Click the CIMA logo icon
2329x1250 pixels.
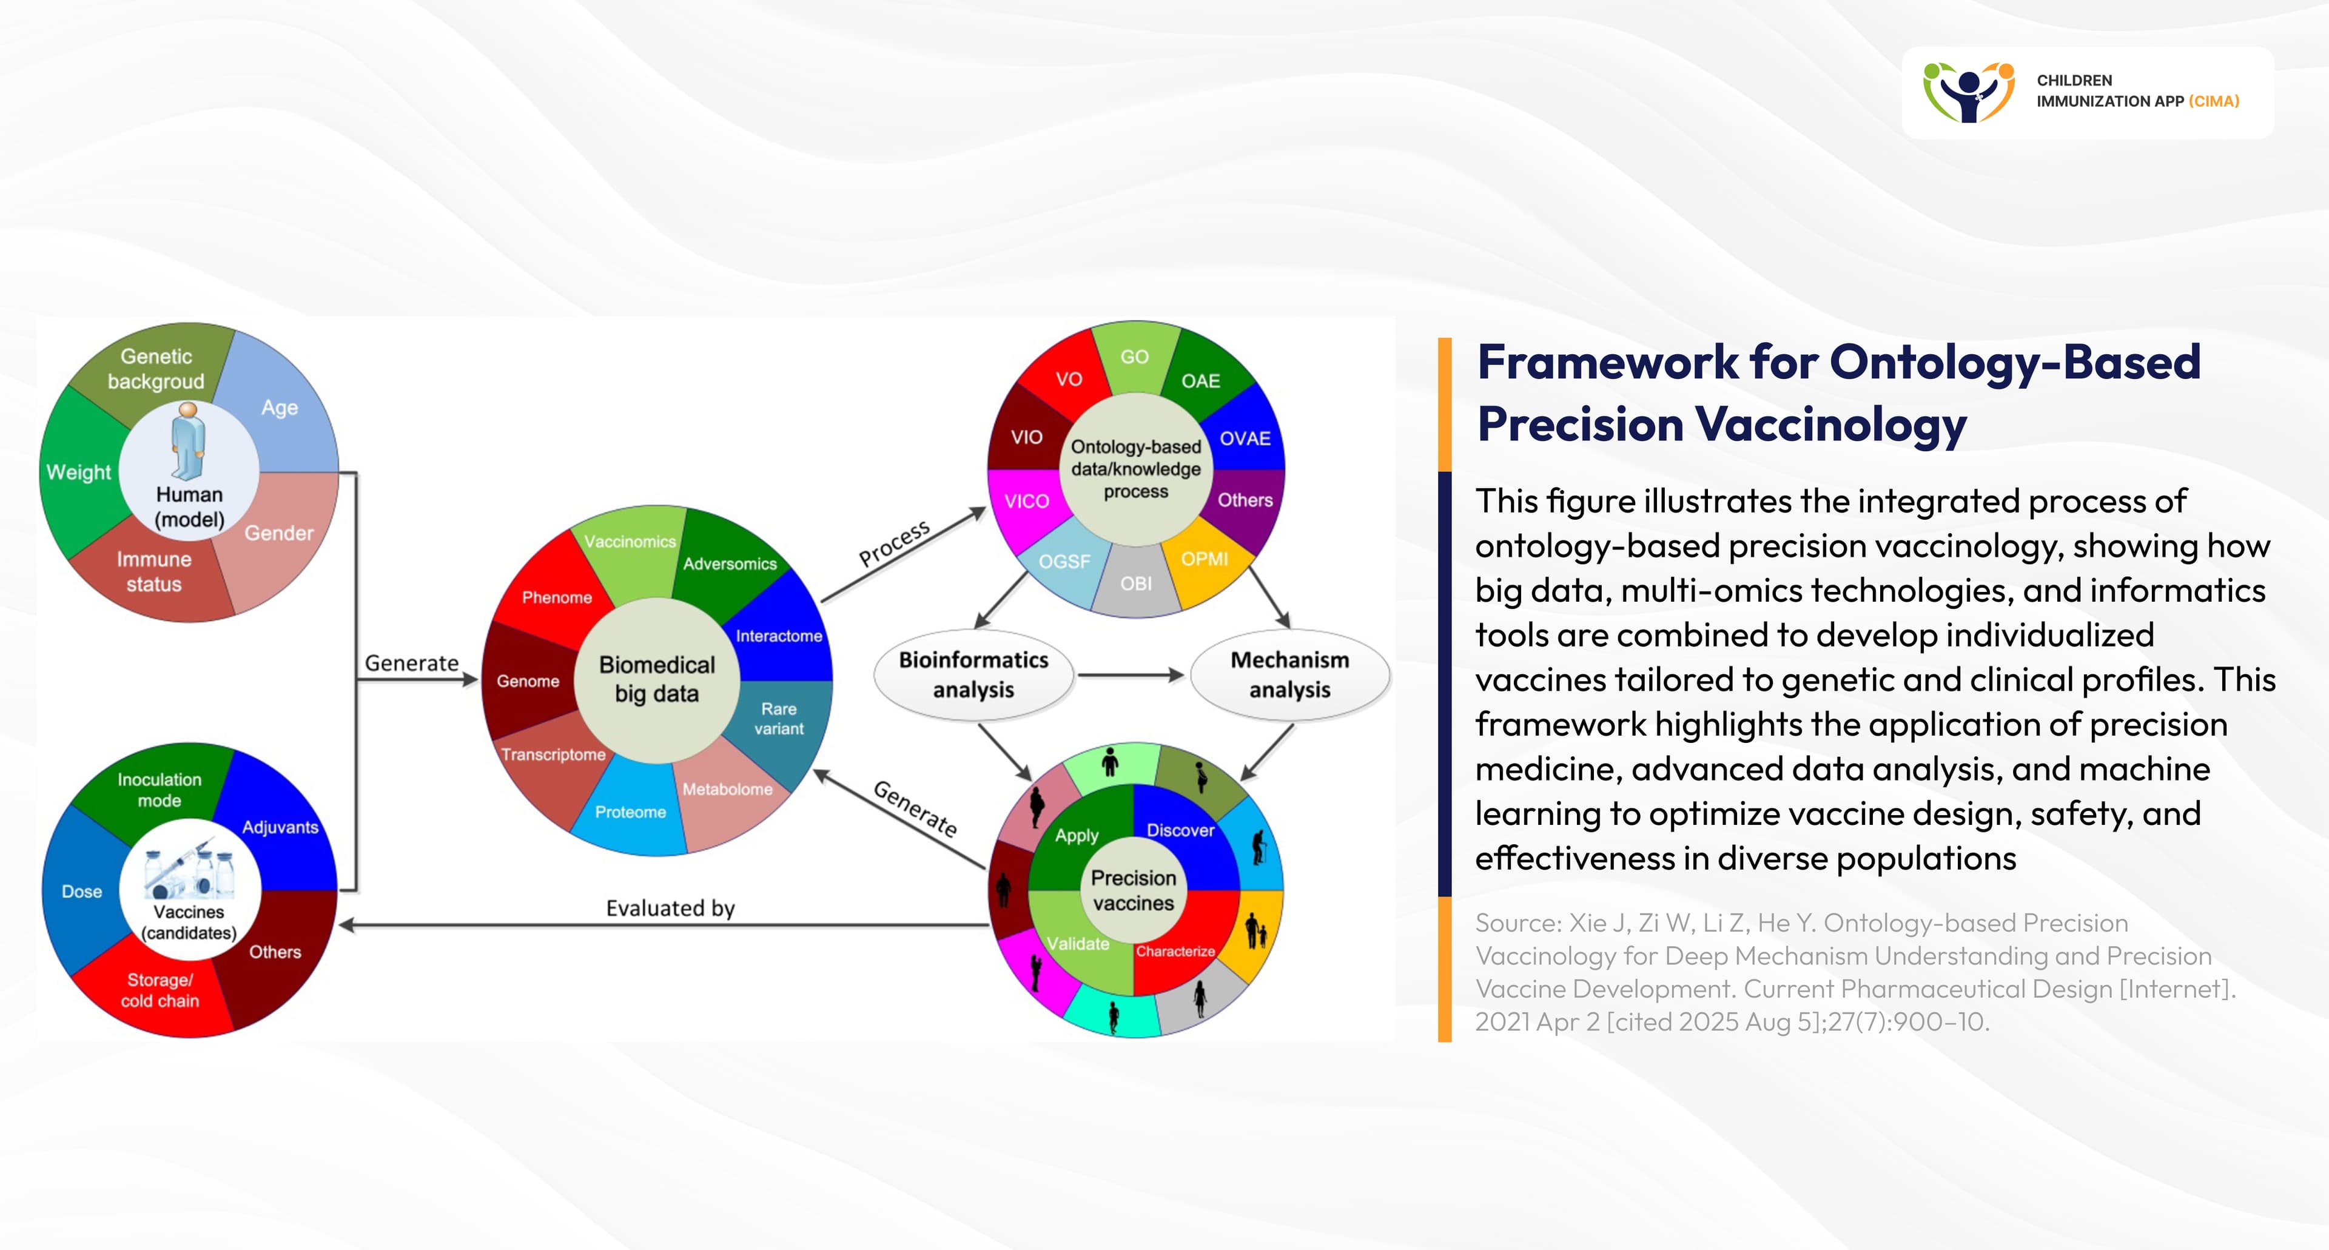1968,92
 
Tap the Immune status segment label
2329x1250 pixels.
153,571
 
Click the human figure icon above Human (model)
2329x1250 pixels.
188,440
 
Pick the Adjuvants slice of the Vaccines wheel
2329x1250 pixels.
280,827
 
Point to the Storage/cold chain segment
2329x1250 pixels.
160,990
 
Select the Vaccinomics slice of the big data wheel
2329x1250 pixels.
630,542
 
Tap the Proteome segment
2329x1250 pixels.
630,811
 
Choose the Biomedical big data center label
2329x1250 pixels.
657,679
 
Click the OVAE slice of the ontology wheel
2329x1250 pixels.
1245,439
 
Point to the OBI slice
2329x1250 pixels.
1137,583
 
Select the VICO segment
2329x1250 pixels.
1027,501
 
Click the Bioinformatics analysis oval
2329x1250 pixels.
973,674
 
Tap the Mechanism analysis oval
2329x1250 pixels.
1289,674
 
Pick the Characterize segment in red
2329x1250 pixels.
1175,952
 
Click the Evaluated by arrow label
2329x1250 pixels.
670,907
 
